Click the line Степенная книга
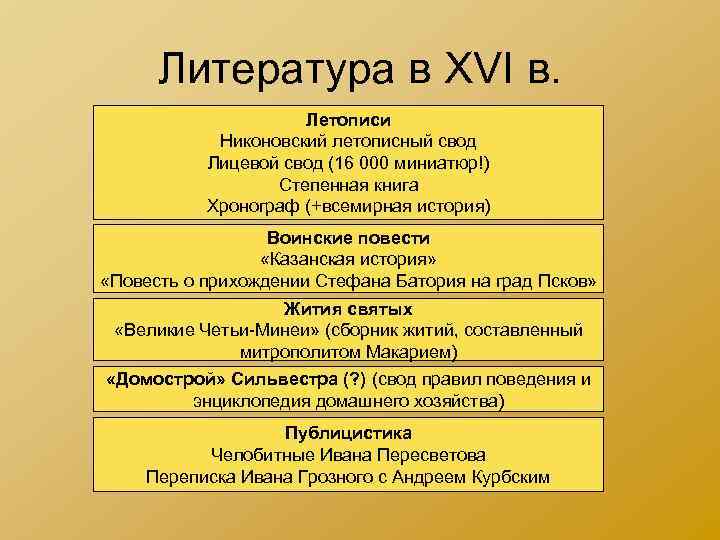tap(348, 185)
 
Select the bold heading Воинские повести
tap(348, 238)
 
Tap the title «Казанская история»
tap(348, 259)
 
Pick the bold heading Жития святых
tap(348, 309)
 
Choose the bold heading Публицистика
tap(348, 433)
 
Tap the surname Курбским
tap(508, 477)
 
